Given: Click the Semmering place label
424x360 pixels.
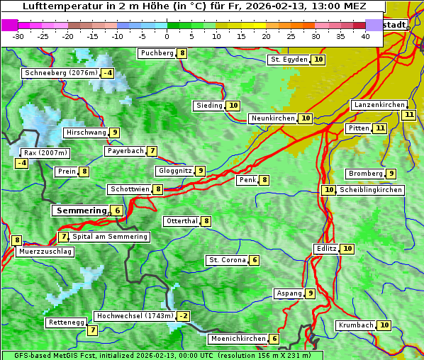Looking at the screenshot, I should pos(80,210).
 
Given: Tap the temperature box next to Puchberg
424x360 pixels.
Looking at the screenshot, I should pos(182,53).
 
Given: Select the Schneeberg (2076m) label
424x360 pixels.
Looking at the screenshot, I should pos(60,73).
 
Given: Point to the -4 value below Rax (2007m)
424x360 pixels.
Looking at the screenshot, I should pos(22,163).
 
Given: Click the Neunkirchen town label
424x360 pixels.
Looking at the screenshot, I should pos(272,118).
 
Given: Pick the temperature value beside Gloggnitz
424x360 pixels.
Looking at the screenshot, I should pos(201,171).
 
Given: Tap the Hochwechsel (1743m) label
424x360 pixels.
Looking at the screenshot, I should pos(135,316).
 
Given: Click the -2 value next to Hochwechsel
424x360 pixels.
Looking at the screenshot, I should pos(184,316).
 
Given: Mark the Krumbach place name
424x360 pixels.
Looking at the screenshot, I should pos(355,325).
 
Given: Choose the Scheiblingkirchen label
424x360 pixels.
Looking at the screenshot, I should pos(371,190).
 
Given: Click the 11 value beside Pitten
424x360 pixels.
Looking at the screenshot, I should pos(380,128).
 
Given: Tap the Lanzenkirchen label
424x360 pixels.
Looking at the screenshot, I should pos(379,105).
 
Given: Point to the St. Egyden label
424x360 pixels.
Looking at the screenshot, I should pos(289,60).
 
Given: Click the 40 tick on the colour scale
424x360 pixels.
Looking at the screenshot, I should pos(365,36).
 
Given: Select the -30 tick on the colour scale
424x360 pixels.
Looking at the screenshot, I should pos(18,36).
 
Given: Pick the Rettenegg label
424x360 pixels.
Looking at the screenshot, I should pos(66,322).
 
